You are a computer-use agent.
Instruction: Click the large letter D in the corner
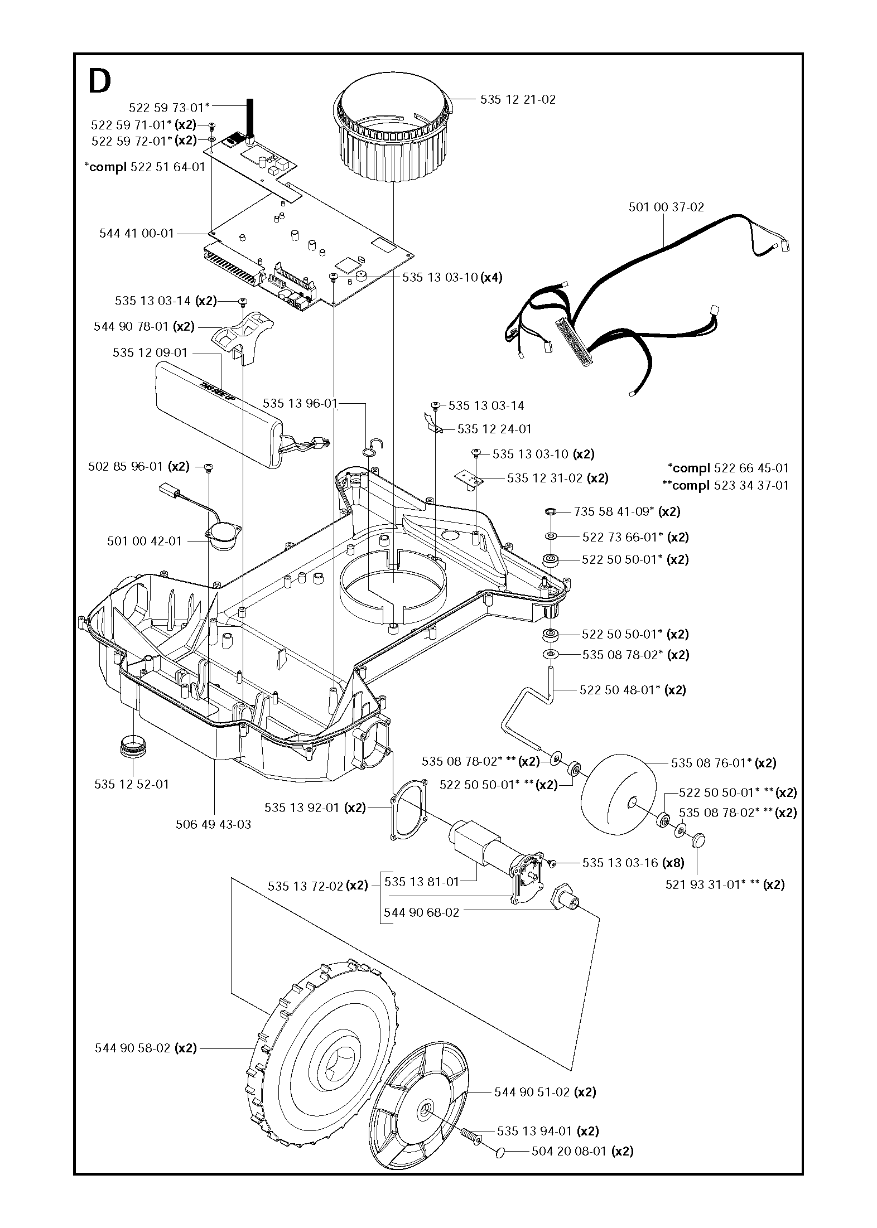coord(100,83)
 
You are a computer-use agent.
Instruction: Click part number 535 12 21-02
coord(517,100)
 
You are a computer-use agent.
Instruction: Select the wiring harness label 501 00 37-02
coord(666,207)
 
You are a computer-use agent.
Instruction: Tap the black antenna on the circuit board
coord(249,118)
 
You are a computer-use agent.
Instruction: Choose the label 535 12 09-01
coord(150,353)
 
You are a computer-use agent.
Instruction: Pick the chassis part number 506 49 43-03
coord(213,824)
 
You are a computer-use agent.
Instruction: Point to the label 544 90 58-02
coord(146,1048)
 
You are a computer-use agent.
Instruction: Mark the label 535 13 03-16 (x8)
coord(633,863)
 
